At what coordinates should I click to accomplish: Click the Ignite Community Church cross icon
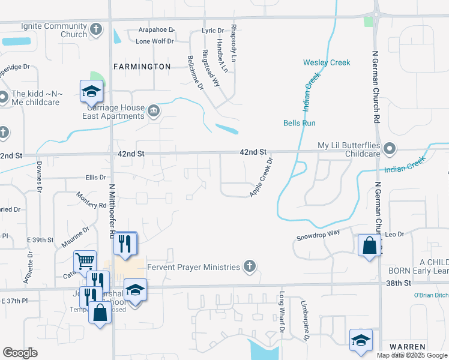tap(95, 29)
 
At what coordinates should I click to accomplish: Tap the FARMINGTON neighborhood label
tap(143, 67)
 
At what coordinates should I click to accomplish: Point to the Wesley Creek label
tap(327, 62)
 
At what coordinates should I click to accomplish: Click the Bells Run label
tap(300, 123)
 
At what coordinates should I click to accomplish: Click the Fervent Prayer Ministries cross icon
tap(250, 267)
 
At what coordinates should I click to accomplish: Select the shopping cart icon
tap(85, 261)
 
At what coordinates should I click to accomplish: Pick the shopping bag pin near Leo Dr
tap(369, 245)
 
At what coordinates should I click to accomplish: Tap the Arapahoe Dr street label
tap(154, 29)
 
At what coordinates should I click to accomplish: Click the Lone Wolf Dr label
tap(154, 41)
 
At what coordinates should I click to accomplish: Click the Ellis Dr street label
tap(95, 177)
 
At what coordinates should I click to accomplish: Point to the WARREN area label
tap(407, 347)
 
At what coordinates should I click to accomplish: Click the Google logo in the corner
tap(20, 352)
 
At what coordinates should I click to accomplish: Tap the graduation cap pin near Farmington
tap(92, 91)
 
